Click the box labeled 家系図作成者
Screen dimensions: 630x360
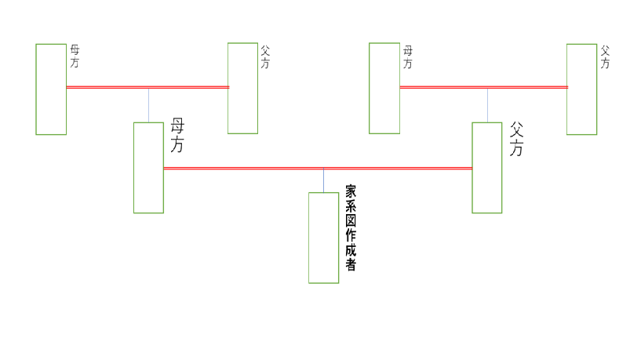pos(308,238)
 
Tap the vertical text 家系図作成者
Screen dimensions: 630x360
pos(351,227)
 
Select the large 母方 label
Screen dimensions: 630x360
pos(177,135)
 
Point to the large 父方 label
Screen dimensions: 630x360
pos(516,139)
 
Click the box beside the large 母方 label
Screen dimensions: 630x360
pos(134,168)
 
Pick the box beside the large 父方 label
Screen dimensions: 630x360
pos(472,168)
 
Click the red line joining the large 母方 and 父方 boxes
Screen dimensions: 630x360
pos(318,169)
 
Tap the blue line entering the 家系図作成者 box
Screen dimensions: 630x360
pos(323,181)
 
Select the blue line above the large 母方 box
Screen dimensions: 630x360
pos(148,105)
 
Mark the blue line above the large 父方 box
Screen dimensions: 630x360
pos(487,105)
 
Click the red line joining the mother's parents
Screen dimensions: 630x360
pos(147,87)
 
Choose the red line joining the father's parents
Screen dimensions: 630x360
pos(484,87)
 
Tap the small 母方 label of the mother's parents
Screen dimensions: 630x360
pos(75,56)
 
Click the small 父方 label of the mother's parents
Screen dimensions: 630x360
pos(265,56)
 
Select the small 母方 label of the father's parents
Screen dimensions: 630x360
pos(408,57)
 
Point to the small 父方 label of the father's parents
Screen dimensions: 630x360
pos(605,56)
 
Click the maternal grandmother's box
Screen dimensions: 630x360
pos(36,89)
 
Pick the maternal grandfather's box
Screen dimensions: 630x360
pos(228,89)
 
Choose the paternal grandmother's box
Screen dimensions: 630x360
pos(370,89)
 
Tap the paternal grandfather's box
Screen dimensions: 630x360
pos(567,89)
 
